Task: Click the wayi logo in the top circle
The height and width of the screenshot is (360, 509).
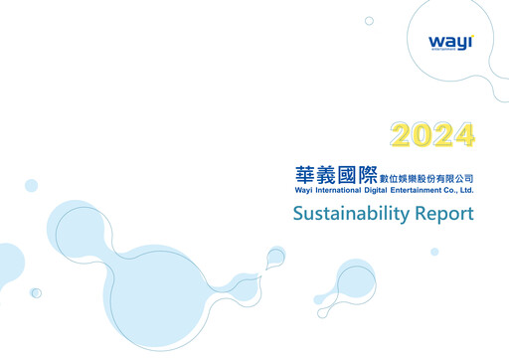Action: point(450,43)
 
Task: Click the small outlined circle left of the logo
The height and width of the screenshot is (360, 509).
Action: point(369,20)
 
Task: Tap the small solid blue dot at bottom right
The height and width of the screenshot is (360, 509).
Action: point(434,252)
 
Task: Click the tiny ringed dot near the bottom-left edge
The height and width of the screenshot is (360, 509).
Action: point(36,292)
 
